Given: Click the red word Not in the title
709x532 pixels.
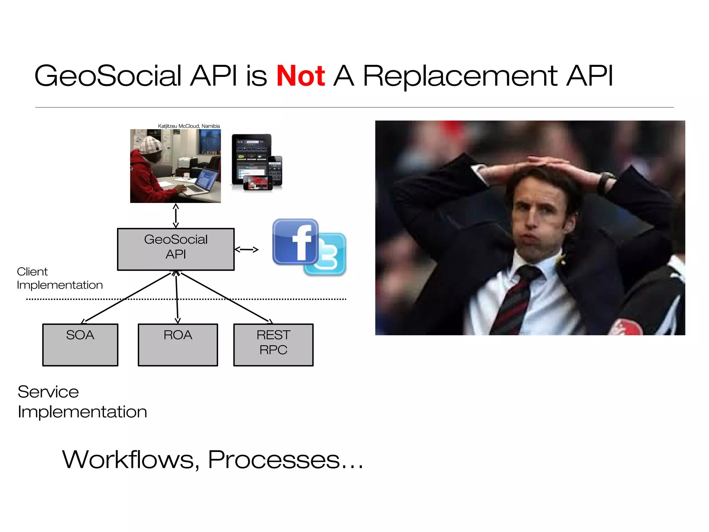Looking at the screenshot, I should pos(300,76).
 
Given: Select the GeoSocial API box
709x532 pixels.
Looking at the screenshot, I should pos(176,249).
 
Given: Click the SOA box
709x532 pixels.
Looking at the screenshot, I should pos(80,345).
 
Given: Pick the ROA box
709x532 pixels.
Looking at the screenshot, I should pos(178,345).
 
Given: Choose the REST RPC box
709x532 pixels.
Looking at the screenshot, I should pos(273,345).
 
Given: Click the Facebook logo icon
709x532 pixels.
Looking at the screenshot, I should pos(295,241).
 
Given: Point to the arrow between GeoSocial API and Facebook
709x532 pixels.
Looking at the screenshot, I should pos(246,249).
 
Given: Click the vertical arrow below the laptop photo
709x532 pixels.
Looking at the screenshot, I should pos(176,215).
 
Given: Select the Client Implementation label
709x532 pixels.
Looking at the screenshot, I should pos(59,278).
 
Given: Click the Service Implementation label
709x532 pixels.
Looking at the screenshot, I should pos(82,402).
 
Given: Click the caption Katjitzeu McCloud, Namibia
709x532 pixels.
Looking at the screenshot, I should pos(189,126).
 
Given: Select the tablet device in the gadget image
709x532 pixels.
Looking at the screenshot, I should pos(251,158).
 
